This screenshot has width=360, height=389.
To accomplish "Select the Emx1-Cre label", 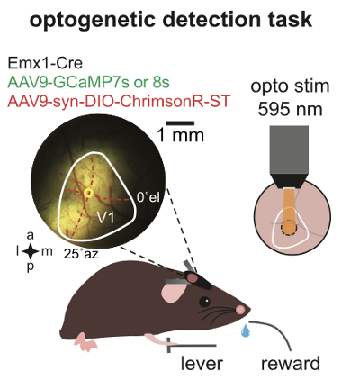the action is pos(45,63).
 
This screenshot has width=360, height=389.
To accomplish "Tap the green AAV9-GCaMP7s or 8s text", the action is pos(89,82).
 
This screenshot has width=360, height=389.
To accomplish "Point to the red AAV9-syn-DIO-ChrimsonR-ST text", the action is pos(119,101).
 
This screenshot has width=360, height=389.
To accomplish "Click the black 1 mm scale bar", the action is pos(180,123).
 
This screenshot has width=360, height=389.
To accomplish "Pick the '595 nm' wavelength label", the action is pos(290,110).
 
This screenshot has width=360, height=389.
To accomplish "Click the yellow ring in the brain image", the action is pos(88,193).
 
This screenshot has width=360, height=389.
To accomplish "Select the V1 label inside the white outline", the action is pos(106,217).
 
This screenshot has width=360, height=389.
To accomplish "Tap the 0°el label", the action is pos(148,197).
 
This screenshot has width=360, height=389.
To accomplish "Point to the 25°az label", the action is pos(81,254).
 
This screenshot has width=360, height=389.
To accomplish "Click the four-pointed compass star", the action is pos(31,251).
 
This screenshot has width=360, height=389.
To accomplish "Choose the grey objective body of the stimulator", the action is pos(289,149).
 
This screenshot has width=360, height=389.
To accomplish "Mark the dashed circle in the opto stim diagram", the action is pos(289,228).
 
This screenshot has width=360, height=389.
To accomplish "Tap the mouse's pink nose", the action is pos(240,309).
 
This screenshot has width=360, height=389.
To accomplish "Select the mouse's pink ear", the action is pos(173,292).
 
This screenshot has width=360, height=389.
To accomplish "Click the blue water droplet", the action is pos(246,330).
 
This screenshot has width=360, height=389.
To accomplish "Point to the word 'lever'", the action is pos(202,364).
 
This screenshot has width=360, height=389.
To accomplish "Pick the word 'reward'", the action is pos(291,364).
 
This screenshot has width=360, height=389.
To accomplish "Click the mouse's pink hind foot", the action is pos(85,343).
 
